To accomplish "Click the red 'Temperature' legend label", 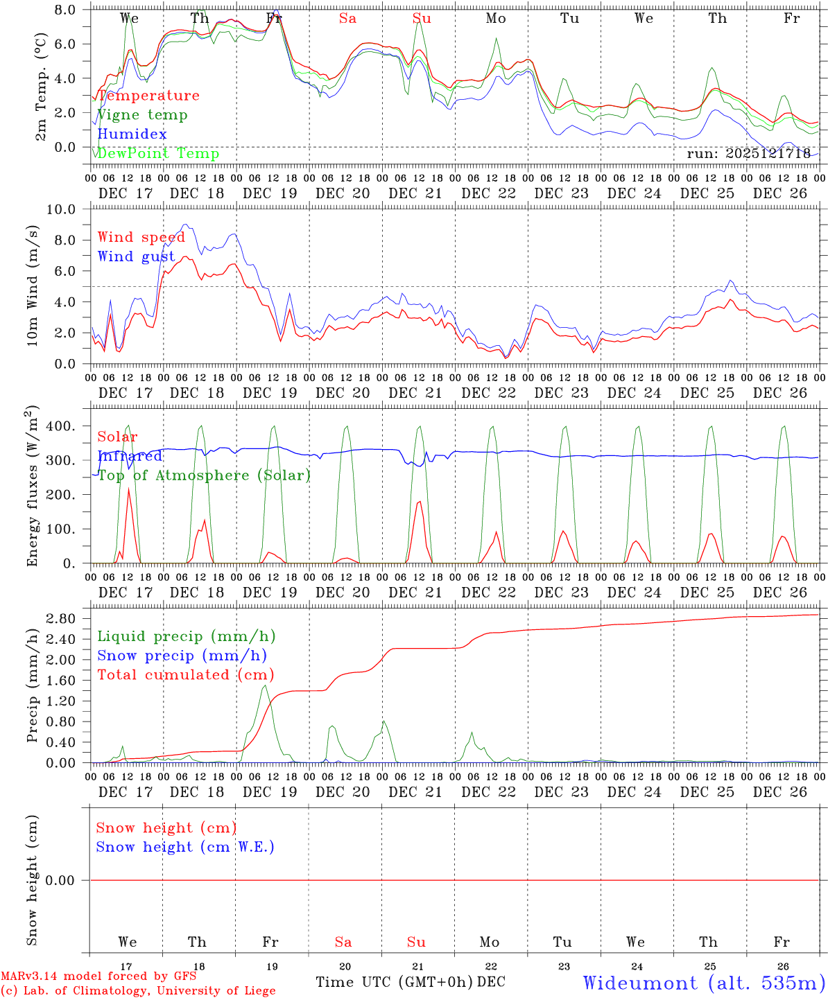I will point(148,96).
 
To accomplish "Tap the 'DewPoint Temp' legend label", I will point(158,153).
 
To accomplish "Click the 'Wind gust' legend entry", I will point(136,256).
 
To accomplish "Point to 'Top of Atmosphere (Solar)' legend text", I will point(203,475).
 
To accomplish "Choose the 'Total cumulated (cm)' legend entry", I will point(185,674).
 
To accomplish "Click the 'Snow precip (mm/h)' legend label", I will point(182,656).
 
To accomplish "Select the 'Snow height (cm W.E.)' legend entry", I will point(185,847).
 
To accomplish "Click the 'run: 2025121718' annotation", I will point(748,153).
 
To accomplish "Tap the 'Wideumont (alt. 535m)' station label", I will point(704,983).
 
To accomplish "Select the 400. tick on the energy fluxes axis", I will point(60,426).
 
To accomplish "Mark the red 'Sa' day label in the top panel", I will point(347,19).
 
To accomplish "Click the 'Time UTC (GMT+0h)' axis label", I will point(394,982).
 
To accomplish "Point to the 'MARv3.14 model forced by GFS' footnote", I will point(98,977).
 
